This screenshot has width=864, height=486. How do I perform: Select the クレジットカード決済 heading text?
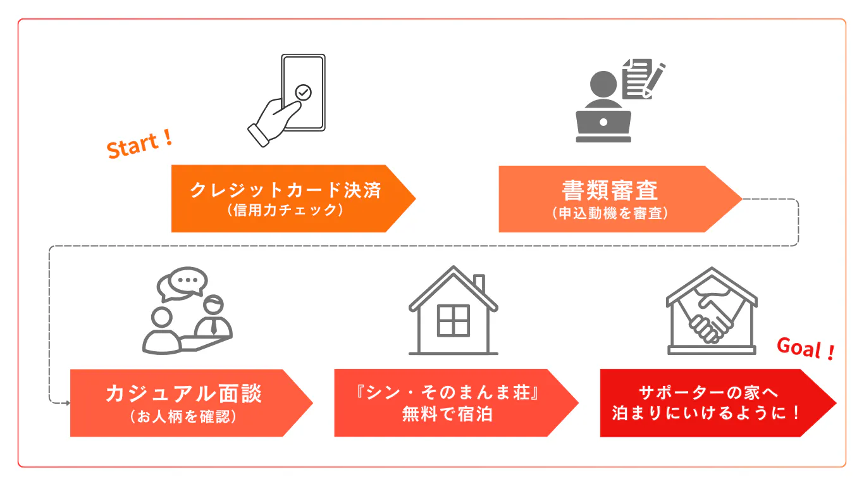coord(285,190)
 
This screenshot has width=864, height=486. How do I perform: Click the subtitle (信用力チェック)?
coord(285,211)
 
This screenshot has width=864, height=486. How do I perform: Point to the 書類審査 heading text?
coord(610,190)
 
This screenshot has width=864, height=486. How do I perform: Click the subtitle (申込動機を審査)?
coord(610,213)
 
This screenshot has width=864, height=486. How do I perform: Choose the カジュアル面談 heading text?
coord(183,394)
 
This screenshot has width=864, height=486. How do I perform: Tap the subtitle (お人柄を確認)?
coord(183,417)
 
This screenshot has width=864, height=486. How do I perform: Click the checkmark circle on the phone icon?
coord(304,93)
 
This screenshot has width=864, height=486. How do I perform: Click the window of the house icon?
coord(453,320)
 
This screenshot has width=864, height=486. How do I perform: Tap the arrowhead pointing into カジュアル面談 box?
coord(66,402)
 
